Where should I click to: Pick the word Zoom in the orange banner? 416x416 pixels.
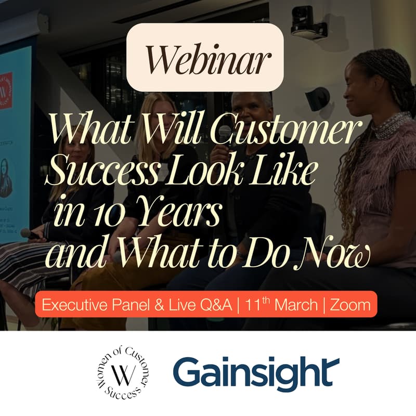click(x=351, y=305)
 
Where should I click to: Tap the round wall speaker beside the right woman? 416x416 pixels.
click(x=318, y=98)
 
